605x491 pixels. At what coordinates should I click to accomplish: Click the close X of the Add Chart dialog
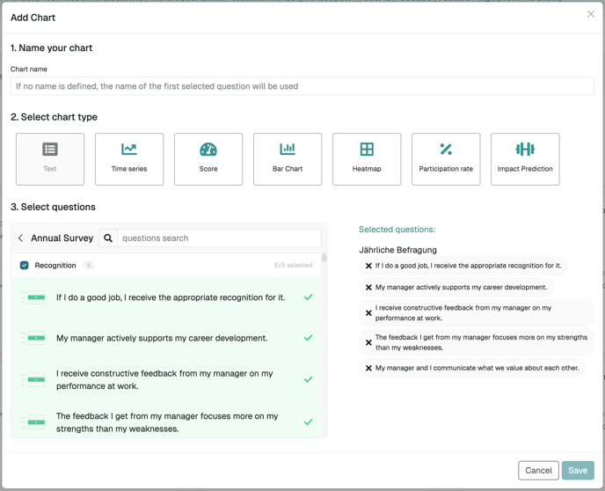click(x=590, y=14)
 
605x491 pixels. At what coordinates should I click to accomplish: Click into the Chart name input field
click(x=302, y=86)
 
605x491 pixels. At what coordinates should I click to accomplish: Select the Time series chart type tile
click(x=129, y=159)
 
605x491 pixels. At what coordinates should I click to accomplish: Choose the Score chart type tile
click(x=208, y=159)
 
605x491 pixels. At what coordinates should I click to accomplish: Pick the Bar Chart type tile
click(x=288, y=159)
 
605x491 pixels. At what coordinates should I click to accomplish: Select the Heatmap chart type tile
click(x=367, y=159)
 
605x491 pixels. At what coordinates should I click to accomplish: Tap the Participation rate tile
click(x=446, y=159)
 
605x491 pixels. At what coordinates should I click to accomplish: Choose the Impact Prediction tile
click(x=525, y=159)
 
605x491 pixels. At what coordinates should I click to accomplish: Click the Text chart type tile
click(x=50, y=159)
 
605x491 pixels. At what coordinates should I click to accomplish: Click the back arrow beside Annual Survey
click(x=20, y=238)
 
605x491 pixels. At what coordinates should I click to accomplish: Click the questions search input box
click(x=219, y=238)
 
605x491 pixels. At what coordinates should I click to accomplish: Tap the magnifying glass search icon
click(x=108, y=238)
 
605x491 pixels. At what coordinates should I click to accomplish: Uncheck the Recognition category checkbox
click(x=24, y=265)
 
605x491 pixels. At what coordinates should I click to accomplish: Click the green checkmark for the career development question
click(x=308, y=338)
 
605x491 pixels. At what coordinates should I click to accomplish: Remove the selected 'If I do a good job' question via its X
click(x=368, y=266)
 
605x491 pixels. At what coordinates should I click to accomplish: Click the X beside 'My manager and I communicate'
click(x=368, y=368)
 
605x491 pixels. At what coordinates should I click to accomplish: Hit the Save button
click(x=578, y=471)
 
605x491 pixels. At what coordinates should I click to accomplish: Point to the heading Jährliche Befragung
click(x=397, y=250)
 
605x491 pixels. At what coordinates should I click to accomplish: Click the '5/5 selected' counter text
click(x=293, y=265)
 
